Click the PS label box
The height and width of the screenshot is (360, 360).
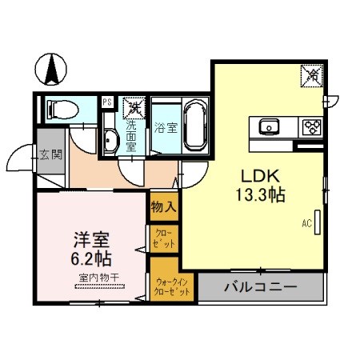pos(106,102)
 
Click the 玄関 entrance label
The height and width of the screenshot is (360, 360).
pos(51,154)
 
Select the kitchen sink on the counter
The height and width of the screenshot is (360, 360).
pos(269,126)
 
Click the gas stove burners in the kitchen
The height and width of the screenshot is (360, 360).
pos(311,126)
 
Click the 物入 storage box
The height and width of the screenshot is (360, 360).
pos(163,206)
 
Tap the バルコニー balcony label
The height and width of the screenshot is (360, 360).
pos(261,286)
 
